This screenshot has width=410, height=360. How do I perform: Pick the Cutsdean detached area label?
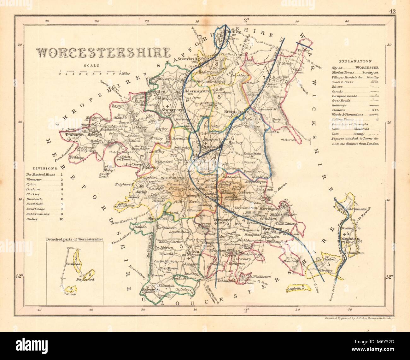point(293,287)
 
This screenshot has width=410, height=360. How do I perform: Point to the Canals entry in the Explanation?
point(338,91)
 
